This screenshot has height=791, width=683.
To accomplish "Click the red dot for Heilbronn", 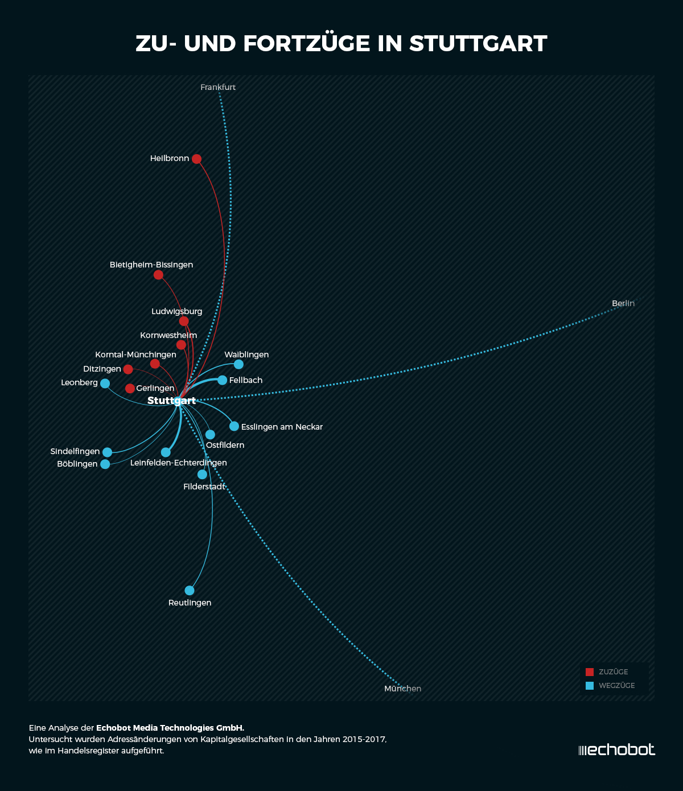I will [196, 159].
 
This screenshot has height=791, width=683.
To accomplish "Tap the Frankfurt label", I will [218, 87].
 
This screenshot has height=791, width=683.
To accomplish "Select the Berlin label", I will [623, 303].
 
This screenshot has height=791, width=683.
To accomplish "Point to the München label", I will [402, 689].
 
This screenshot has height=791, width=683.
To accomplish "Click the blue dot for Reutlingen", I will [190, 591].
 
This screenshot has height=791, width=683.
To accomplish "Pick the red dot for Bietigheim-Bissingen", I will [158, 275].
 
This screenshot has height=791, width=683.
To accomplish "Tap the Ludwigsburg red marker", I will [184, 321].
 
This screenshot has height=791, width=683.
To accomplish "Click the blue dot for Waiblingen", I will [238, 364].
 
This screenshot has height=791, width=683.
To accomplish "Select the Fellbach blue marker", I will [222, 380].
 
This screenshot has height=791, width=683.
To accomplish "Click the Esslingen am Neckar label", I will [282, 427].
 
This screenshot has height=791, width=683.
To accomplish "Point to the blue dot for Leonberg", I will [105, 384].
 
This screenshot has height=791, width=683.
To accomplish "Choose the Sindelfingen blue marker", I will [107, 452].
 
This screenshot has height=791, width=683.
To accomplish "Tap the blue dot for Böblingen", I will [105, 464].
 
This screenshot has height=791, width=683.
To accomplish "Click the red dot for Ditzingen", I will [128, 369].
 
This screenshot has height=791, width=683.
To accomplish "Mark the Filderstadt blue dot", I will [202, 475].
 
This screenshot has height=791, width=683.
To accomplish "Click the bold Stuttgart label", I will [171, 401].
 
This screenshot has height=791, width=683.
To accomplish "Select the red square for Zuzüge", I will [590, 672].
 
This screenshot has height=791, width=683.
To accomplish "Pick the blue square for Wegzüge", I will [590, 686].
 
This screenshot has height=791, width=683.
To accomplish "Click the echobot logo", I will [617, 750].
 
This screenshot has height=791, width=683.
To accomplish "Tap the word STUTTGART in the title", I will [478, 44].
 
